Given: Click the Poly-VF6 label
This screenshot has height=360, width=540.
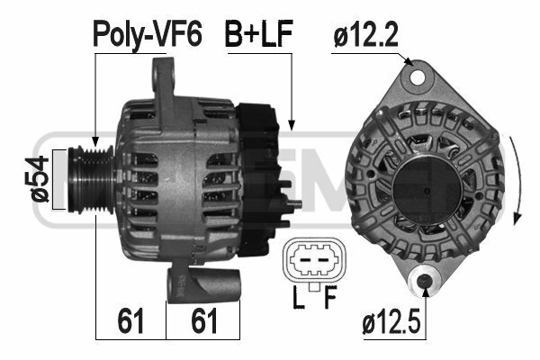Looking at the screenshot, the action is pyautogui.click(x=147, y=33).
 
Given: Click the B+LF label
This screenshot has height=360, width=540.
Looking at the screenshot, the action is pyautogui.click(x=258, y=33).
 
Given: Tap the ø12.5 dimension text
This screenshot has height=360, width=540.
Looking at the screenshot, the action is pyautogui.click(x=391, y=322).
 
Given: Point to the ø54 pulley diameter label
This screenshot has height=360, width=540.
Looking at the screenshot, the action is pyautogui.click(x=37, y=179).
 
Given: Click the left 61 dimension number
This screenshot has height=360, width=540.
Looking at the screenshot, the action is pyautogui.click(x=130, y=320).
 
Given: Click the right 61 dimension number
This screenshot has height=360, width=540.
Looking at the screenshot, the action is pyautogui.click(x=204, y=320).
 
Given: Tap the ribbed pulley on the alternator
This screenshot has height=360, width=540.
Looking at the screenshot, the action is pyautogui.click(x=91, y=179).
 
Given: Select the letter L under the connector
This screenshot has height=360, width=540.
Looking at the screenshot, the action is pyautogui.click(x=298, y=297).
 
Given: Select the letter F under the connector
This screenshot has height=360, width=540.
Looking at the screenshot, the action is pyautogui.click(x=330, y=297).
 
